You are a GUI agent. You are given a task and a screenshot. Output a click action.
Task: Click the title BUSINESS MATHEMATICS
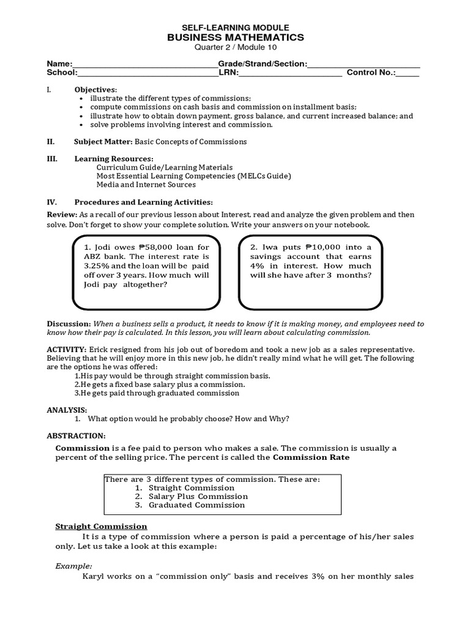click(x=236, y=38)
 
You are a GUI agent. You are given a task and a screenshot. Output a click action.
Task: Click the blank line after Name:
click(x=144, y=65)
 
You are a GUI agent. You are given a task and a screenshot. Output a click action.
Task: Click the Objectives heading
click(x=95, y=89)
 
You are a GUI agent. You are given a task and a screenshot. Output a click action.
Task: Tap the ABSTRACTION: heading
click(x=76, y=435)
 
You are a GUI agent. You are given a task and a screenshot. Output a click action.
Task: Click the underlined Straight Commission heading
click(x=101, y=526)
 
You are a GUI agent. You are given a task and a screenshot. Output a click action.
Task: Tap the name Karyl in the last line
click(x=95, y=576)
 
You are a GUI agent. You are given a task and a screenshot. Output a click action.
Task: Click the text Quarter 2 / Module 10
click(x=236, y=48)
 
